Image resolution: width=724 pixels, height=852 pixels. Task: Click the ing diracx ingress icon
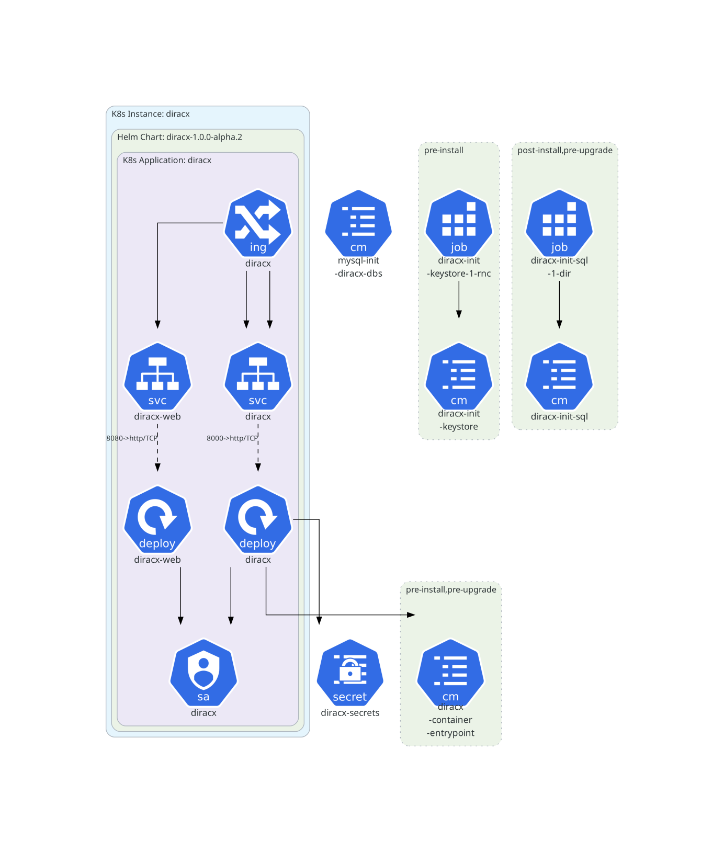click(257, 223)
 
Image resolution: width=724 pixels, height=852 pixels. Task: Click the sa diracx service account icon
click(203, 673)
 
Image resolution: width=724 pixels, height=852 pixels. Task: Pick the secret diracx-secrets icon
click(350, 673)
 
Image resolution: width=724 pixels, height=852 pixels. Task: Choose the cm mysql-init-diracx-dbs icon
click(358, 223)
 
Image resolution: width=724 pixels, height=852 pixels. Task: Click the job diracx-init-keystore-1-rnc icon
click(459, 223)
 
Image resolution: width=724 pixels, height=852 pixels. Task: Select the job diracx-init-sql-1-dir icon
click(559, 223)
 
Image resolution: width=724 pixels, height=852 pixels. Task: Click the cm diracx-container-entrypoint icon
click(450, 673)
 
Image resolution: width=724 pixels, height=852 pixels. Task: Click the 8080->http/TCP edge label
click(132, 438)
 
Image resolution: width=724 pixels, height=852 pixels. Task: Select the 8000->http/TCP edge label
click(232, 438)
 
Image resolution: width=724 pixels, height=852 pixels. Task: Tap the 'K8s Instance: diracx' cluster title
click(151, 114)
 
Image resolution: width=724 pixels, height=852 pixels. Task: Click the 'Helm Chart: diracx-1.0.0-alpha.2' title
click(179, 137)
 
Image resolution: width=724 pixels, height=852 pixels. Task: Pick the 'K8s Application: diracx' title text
click(167, 160)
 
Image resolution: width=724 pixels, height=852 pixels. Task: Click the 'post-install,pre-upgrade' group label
click(564, 150)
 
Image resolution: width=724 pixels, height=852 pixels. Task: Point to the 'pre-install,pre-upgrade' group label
click(451, 589)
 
